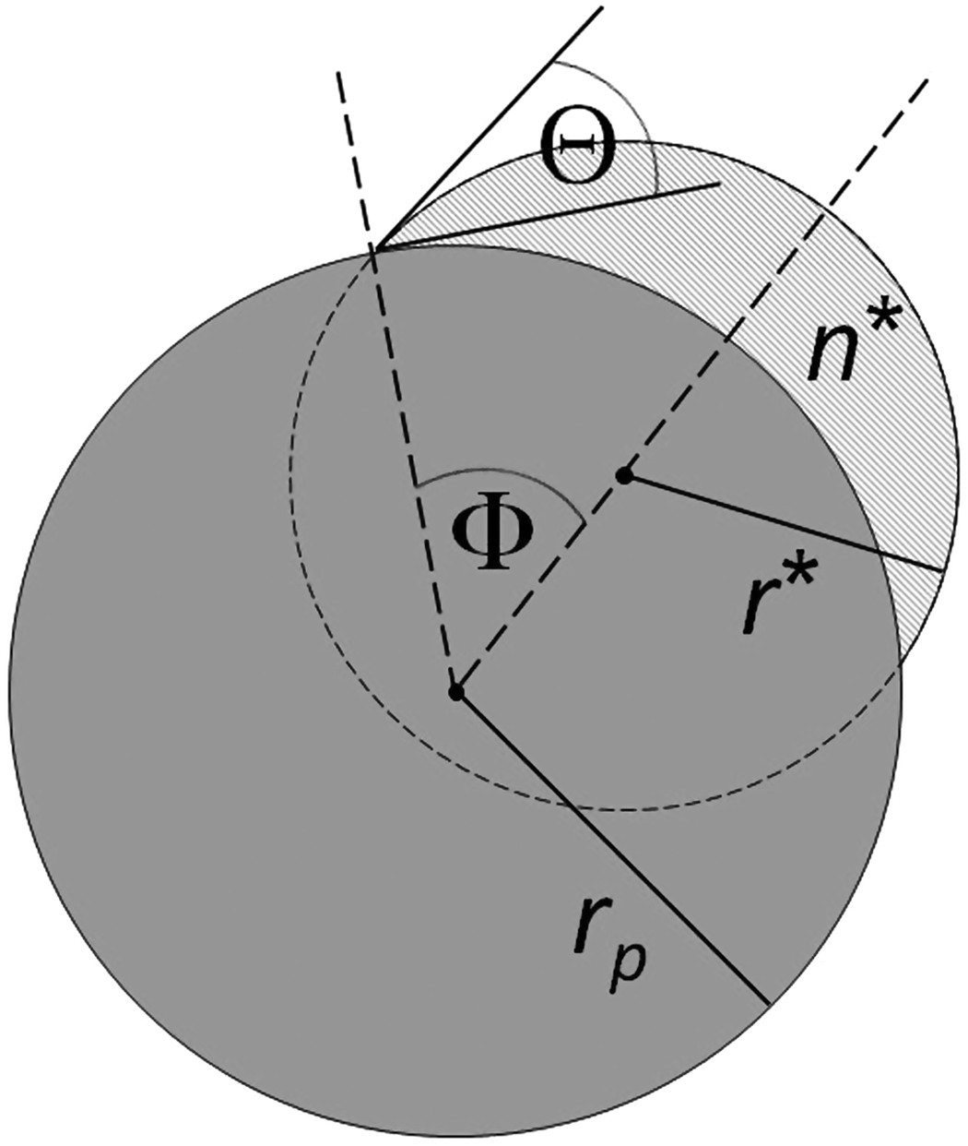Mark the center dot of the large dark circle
pos(454,690)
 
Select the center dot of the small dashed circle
pos(624,476)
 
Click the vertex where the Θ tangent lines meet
pos(373,247)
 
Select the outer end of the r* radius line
pos(940,571)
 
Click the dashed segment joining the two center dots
pos(539,583)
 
